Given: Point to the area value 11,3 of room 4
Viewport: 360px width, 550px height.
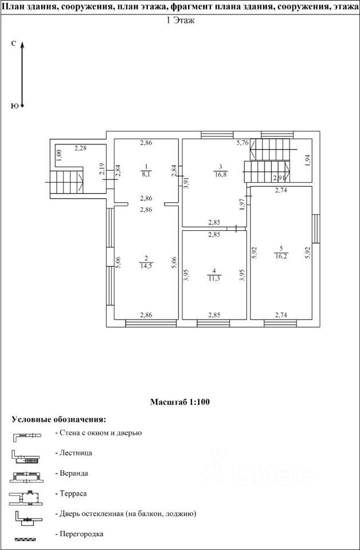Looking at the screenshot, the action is (x=214, y=279).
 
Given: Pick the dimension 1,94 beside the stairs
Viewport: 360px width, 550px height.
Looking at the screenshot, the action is (x=307, y=160).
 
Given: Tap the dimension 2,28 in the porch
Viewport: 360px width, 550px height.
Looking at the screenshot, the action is (x=81, y=149).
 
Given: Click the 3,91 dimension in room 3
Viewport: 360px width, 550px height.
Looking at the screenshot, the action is (x=186, y=182).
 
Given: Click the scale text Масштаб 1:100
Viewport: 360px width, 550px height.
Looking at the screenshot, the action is (x=180, y=402).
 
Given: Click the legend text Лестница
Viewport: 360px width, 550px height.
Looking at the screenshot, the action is (x=74, y=453).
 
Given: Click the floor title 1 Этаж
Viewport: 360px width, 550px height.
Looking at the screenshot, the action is (x=180, y=22).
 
